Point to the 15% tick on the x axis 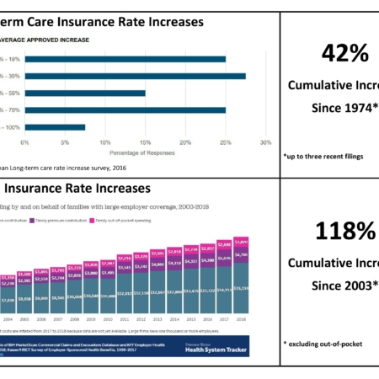[146, 142]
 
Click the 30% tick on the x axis [265, 142]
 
